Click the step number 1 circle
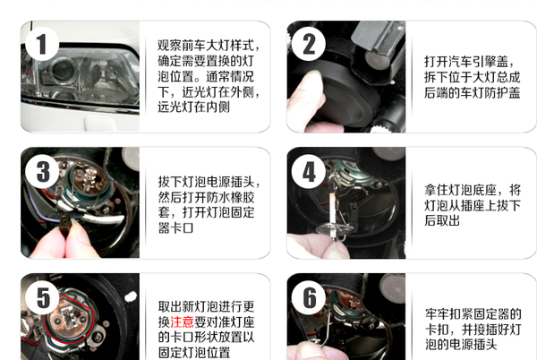(41, 44)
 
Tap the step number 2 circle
(308, 44)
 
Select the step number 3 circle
(42, 171)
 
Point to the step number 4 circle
(309, 171)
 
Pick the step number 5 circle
(43, 297)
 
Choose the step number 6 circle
(310, 297)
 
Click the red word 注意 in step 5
(182, 321)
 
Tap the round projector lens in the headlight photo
(63, 71)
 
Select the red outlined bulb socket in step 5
(69, 319)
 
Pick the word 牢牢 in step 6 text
(438, 313)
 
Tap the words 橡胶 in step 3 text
(243, 197)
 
